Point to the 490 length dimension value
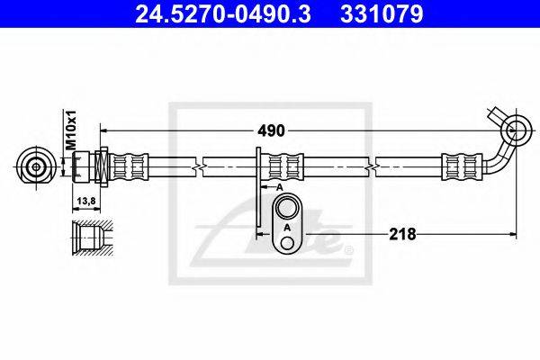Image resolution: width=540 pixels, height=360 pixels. point(271,130)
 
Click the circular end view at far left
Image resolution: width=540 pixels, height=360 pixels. point(36,166)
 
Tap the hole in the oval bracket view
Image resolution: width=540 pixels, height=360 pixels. point(287,211)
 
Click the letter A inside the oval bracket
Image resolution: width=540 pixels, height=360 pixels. point(287,229)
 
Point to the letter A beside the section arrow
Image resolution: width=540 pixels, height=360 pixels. point(280,186)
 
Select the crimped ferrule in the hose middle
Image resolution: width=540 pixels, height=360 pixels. point(287,166)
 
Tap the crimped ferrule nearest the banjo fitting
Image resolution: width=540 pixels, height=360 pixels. point(459,166)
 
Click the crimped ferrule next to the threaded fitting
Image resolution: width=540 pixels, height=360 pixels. point(128,166)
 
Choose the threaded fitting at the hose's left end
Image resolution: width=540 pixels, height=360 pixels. point(90,166)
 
